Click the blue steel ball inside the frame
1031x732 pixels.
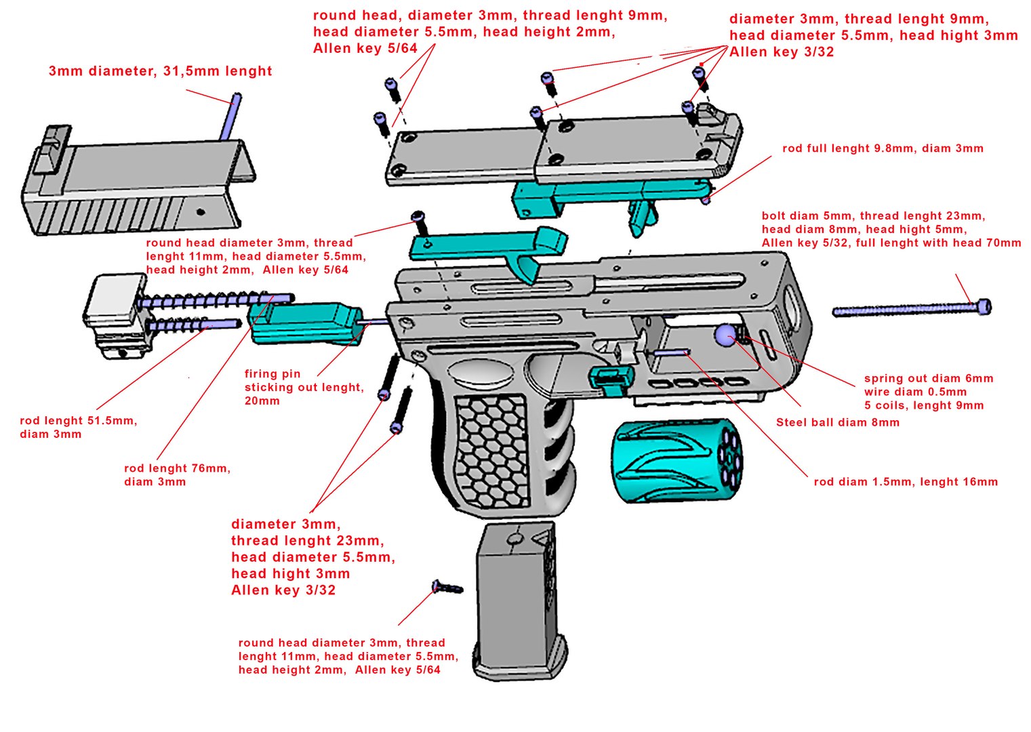tap(725, 335)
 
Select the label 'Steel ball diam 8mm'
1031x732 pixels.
tap(837, 422)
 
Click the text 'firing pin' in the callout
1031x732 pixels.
tap(272, 373)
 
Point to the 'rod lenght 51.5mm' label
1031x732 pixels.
tap(78, 420)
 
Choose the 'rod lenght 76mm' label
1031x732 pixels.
tap(177, 468)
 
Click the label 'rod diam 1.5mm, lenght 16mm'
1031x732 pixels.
tap(905, 482)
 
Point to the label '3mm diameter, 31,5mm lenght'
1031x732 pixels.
tap(160, 71)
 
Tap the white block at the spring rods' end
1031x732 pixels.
tap(112, 299)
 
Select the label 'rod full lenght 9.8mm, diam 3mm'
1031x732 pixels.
tap(882, 148)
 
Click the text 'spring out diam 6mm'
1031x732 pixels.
tap(928, 378)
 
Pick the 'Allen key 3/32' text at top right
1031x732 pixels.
tap(781, 52)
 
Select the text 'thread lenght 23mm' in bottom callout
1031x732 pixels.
tap(307, 540)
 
